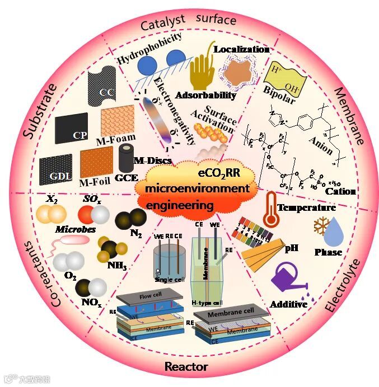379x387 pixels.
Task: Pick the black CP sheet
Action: tap(72, 128)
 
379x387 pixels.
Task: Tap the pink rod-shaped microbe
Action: tap(74, 240)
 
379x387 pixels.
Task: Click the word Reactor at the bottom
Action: tap(186, 367)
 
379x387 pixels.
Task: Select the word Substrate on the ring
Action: tap(39, 112)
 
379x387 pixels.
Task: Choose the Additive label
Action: tap(289, 304)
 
